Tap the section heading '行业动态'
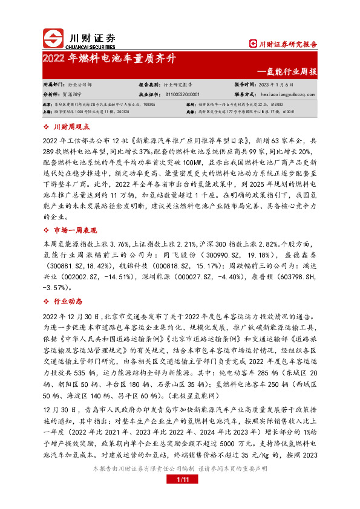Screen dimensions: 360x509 [67, 300]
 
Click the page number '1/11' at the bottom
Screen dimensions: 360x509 [180, 479]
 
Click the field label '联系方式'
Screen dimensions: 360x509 [246, 94]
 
